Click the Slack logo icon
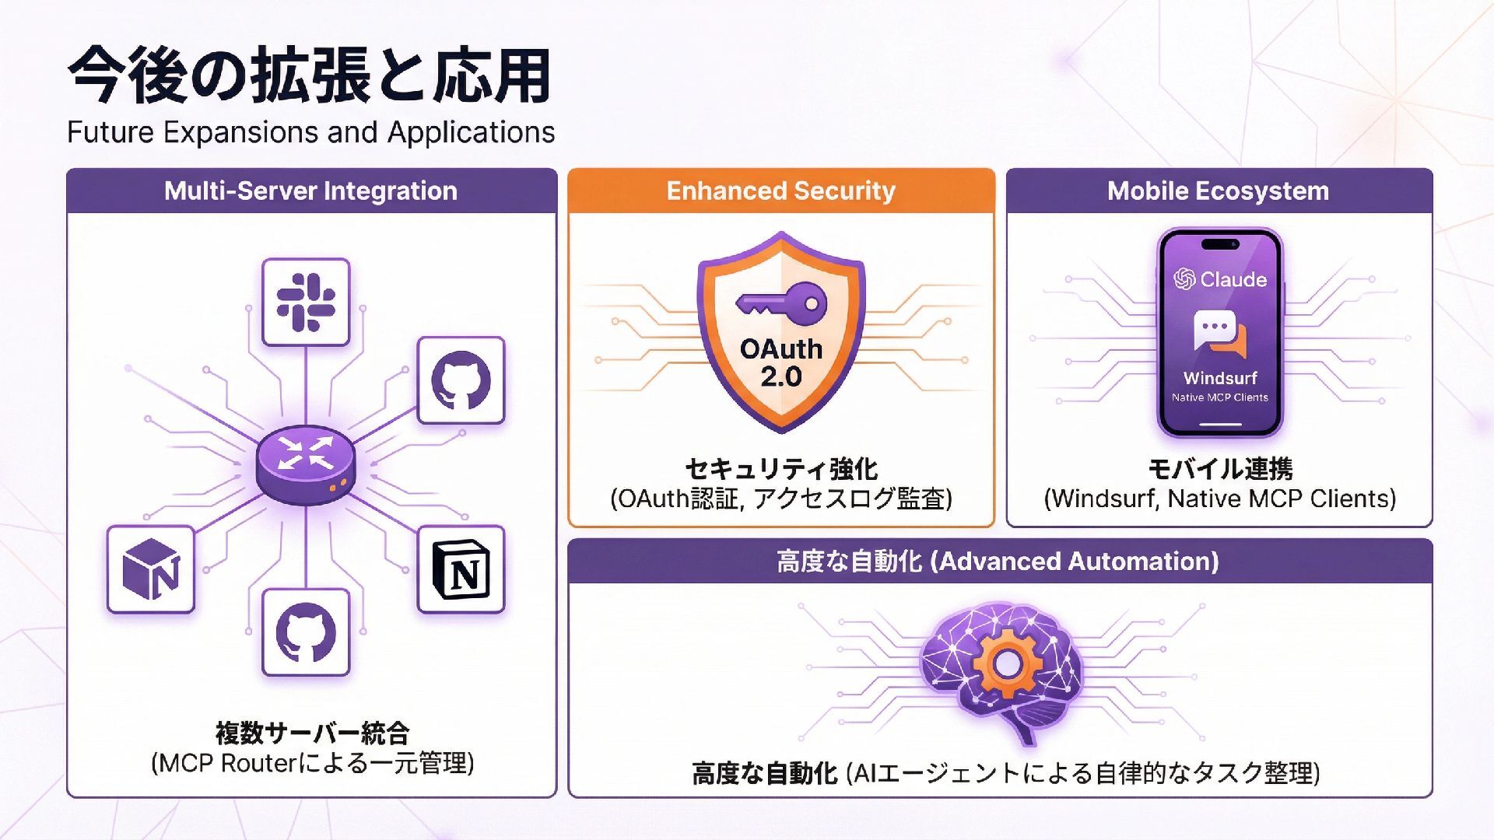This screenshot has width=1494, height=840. click(306, 302)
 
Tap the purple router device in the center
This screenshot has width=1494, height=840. click(306, 464)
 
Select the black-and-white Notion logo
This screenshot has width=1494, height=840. click(461, 569)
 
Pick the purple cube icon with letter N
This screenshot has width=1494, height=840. click(151, 569)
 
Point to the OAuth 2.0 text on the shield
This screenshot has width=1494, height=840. click(781, 362)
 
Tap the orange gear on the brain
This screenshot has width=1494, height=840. click(1006, 663)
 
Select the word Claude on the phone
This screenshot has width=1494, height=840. click(1233, 279)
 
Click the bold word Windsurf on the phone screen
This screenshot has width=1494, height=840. click(1219, 378)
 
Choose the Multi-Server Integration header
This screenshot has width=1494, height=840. click(311, 191)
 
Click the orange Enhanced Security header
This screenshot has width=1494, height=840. click(781, 191)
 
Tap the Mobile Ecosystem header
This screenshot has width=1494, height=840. click(1219, 191)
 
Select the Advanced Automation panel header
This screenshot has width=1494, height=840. click(999, 561)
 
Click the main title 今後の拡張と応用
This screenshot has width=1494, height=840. click(310, 76)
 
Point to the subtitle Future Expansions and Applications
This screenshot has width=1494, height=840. click(311, 132)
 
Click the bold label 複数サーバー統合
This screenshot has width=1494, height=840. click(312, 733)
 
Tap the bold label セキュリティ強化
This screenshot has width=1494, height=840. click(781, 469)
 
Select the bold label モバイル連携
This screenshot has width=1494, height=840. click(1220, 469)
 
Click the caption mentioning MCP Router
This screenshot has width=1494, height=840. click(312, 763)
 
